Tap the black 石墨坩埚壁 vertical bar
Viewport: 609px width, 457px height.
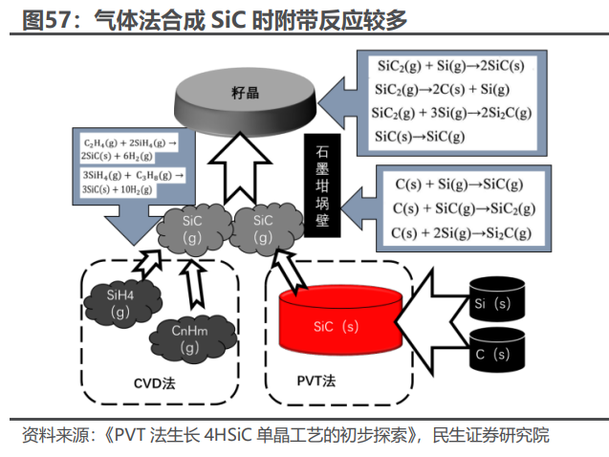click(x=321, y=188)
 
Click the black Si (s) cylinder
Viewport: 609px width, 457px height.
click(x=495, y=302)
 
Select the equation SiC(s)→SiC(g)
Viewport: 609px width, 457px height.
click(x=421, y=135)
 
